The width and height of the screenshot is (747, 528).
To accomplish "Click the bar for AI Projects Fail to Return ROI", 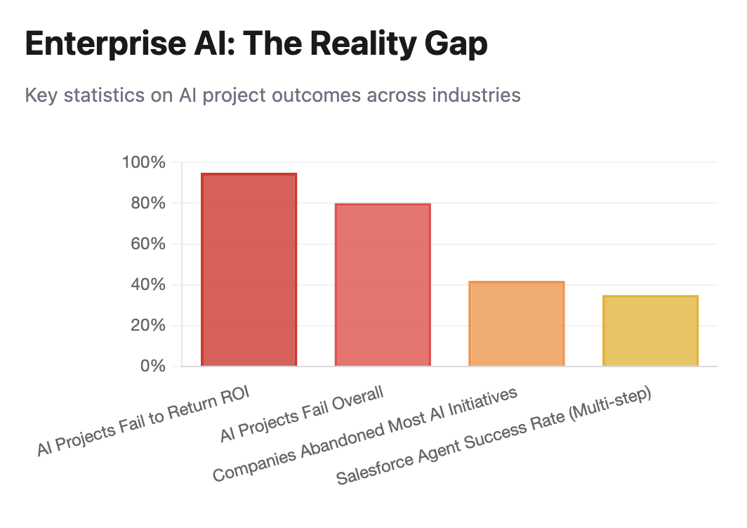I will click(x=249, y=270).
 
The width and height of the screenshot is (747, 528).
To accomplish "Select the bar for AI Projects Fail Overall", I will click(x=383, y=285).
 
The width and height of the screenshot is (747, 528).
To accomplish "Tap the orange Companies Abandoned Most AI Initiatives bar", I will click(x=516, y=324).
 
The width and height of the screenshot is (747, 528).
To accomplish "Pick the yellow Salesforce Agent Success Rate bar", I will click(x=650, y=331).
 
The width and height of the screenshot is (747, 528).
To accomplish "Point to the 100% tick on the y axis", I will click(x=144, y=163).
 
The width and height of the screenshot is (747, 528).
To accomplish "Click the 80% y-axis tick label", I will click(x=147, y=204).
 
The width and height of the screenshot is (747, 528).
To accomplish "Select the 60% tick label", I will click(x=147, y=244).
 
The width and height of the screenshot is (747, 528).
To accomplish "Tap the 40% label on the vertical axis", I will click(x=147, y=285).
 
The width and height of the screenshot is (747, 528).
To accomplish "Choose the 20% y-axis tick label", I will click(x=147, y=326).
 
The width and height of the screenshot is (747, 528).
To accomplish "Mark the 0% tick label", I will click(x=151, y=367).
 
